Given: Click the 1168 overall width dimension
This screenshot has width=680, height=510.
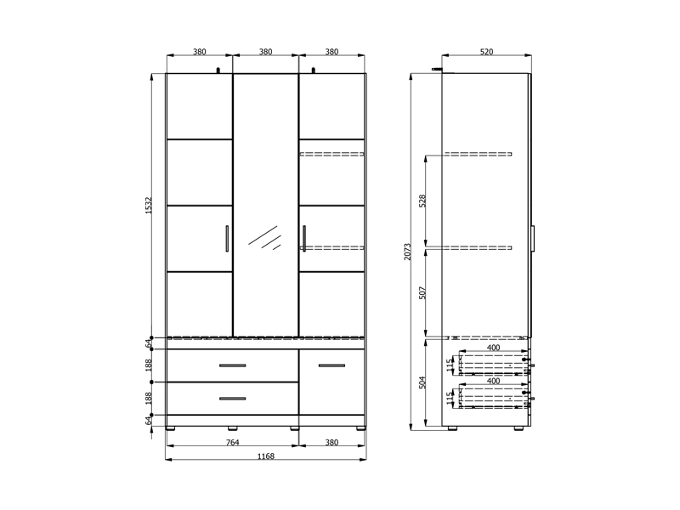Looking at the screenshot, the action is point(266,456).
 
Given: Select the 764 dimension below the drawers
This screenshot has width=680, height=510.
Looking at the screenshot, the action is point(233,442).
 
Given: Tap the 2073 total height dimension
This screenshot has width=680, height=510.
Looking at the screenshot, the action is point(408,252).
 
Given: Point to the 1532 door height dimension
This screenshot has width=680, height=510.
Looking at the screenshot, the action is point(148,205).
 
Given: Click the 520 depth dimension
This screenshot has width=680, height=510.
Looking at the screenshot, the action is point(486,52).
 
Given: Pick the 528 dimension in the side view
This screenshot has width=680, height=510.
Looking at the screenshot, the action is point(422,201).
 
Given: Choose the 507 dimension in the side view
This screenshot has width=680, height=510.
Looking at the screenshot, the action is point(422,292).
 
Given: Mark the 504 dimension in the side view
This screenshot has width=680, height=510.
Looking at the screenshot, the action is point(422,382).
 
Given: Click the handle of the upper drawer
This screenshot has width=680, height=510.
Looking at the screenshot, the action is point(232,365).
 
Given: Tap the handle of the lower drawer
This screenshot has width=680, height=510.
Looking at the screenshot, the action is point(232,399).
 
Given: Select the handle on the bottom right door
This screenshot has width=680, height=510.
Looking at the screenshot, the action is point(331,365).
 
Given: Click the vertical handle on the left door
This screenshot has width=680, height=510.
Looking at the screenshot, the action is point(227,239).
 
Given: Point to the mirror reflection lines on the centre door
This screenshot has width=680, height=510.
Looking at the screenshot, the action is point(264,238).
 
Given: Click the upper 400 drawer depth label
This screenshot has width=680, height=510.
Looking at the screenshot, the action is point(494,348).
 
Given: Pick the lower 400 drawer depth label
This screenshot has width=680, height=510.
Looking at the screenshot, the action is point(494,381).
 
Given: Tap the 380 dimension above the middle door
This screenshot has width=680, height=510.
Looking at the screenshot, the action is point(266,52).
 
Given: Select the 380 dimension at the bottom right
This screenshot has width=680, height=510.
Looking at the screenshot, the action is point(331,442).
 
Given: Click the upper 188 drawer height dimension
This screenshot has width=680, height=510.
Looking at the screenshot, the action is point(148,365).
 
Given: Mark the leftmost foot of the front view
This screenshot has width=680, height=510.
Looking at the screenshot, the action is point(171,428).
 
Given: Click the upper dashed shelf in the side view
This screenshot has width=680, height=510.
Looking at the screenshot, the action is point(477,154).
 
